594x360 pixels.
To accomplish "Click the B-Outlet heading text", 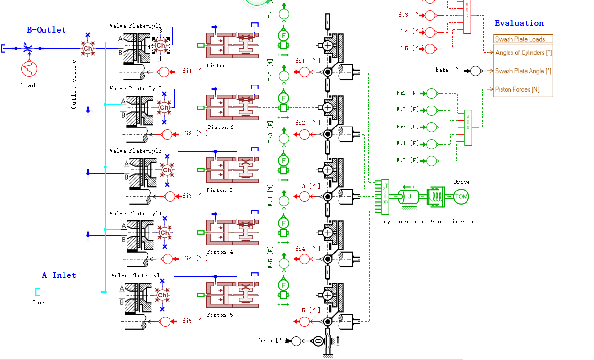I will tap(46, 30).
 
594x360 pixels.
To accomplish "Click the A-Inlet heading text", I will tap(59, 275).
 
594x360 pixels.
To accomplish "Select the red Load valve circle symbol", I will tap(29, 68).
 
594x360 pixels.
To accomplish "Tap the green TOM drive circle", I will tap(461, 197).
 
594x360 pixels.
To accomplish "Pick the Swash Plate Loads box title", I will tap(520, 39).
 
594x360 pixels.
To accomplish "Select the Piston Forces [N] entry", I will tap(517, 89).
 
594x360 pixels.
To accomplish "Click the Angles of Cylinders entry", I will tap(523, 53).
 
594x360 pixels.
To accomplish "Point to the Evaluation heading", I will tap(519, 23).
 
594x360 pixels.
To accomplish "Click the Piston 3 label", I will tap(215, 190).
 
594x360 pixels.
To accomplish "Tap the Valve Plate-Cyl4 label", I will tap(135, 213).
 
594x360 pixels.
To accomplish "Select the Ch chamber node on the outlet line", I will tap(87, 48).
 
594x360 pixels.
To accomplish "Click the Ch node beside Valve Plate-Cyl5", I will tap(162, 295).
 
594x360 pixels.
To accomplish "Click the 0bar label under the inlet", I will tap(39, 302).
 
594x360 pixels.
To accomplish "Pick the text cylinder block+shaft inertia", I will tap(429, 221).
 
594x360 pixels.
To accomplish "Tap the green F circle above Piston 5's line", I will tap(283, 284).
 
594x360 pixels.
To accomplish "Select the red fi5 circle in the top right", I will tap(430, 49).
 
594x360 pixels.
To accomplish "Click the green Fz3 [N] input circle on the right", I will tap(432, 127).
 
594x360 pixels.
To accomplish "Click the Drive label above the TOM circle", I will tap(462, 182).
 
